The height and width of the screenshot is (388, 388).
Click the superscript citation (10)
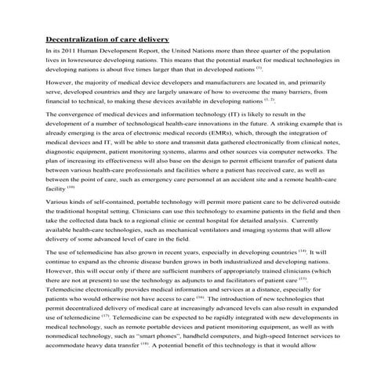tap(71, 187)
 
